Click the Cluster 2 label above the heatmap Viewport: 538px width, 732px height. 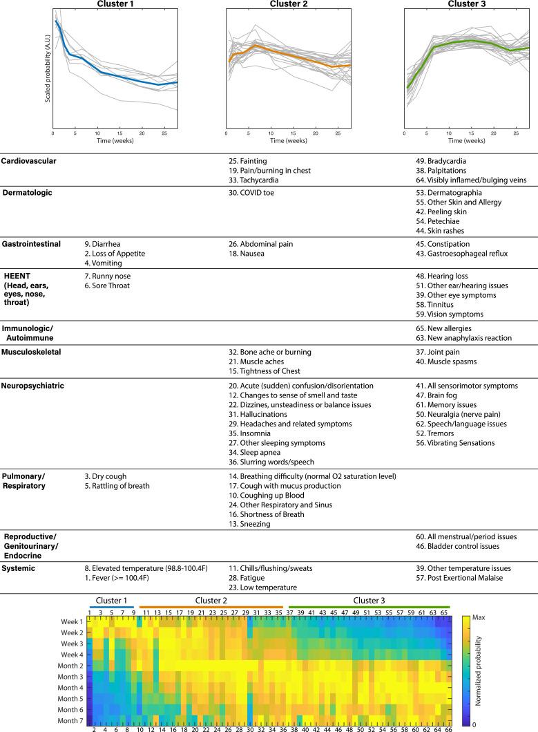211,601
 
